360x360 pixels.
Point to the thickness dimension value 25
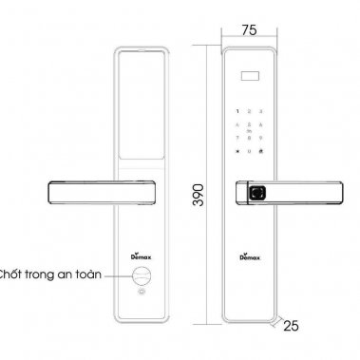tap(291, 326)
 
